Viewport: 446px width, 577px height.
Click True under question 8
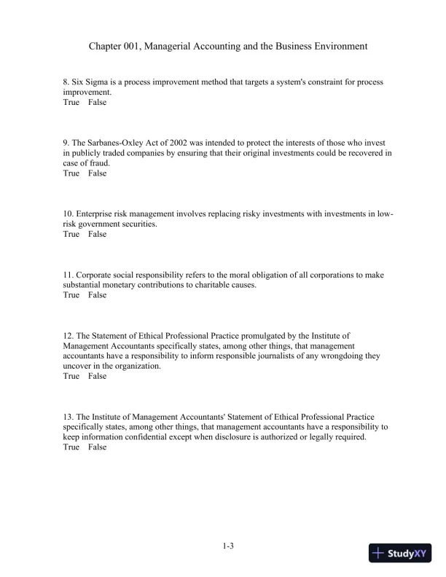pos(71,103)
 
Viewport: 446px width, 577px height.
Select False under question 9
pos(97,174)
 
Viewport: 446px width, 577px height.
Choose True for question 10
pos(71,235)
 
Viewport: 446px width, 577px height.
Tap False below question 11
pos(97,296)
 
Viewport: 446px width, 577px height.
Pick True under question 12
pos(71,377)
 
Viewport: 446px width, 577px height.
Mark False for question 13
pos(97,447)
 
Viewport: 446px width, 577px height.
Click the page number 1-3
pos(227,545)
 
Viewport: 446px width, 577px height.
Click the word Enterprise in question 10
pos(98,214)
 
